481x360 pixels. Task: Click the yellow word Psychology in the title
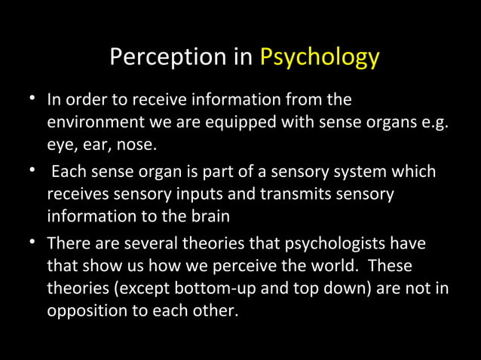319,58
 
